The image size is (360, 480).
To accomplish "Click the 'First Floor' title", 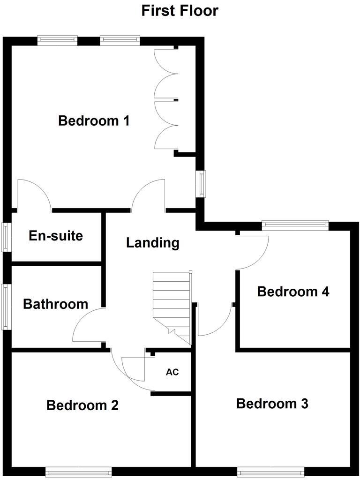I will (180, 10).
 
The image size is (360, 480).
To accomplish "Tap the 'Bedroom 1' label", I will (94, 121).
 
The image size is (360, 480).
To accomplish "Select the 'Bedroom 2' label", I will (82, 405).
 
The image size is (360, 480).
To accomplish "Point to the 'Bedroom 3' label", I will (272, 404).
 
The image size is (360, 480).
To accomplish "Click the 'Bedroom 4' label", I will (293, 292).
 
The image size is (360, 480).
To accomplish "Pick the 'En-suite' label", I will (56, 236).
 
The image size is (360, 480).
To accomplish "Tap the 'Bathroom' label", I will (56, 304).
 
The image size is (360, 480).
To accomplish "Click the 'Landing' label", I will (153, 243).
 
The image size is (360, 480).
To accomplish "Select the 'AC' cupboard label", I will (172, 373).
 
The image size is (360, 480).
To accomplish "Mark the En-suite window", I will (6, 237).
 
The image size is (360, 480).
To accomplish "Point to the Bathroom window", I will (6, 307).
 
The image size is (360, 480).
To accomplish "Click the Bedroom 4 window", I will (295, 225).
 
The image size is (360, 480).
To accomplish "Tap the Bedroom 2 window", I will (78, 471).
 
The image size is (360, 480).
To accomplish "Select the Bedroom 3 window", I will (270, 471).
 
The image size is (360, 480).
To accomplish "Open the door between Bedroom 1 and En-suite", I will (34, 195).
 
